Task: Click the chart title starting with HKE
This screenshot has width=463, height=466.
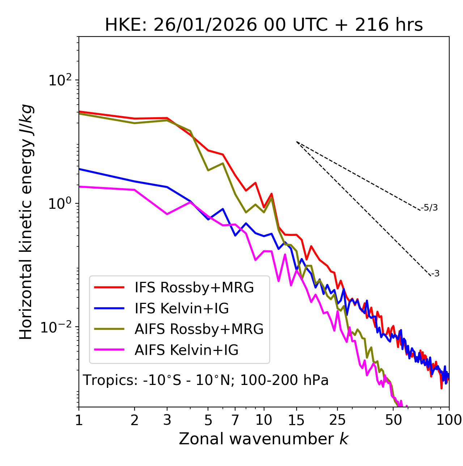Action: (x=264, y=25)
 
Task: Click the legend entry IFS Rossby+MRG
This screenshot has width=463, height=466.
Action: (x=194, y=288)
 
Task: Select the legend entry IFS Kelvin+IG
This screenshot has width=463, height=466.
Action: (x=182, y=308)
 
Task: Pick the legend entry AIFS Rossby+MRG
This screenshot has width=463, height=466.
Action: (x=199, y=329)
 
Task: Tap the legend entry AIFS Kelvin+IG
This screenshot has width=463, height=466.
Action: (x=186, y=350)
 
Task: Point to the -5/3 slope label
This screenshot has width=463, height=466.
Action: (x=429, y=208)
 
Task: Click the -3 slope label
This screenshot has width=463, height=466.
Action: (x=435, y=274)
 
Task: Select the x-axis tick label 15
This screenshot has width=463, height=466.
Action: (x=296, y=420)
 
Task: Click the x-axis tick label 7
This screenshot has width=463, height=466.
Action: (x=235, y=420)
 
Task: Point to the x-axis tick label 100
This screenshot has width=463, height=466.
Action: (x=449, y=420)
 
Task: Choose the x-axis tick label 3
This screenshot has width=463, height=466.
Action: (x=167, y=420)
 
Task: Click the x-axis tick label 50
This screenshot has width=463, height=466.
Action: (x=393, y=420)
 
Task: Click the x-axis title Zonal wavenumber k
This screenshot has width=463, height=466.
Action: (x=263, y=439)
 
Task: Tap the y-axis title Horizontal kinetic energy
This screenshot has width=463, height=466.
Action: (x=27, y=222)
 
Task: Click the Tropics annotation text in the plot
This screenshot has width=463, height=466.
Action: (x=205, y=381)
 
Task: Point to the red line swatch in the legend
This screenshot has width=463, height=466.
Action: (x=109, y=288)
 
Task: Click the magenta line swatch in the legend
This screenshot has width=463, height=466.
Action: (x=109, y=350)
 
